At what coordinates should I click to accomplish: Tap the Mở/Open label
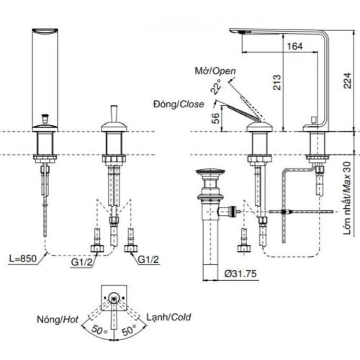(x=215, y=70)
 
